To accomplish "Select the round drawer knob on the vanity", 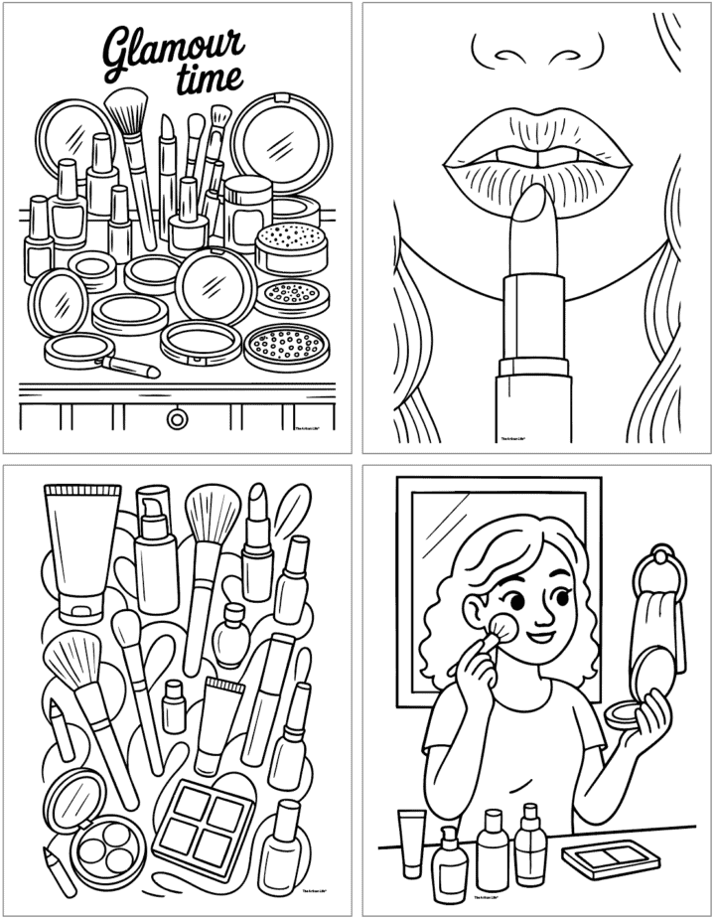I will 178,419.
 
